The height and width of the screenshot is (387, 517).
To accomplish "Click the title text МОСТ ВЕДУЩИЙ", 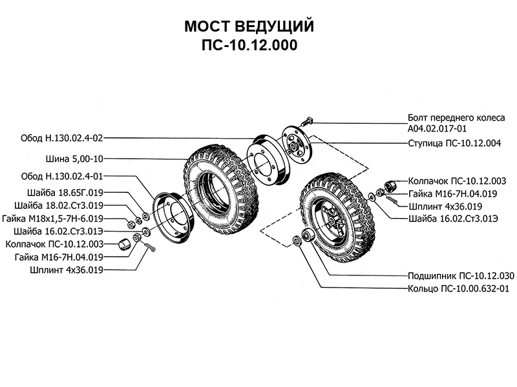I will point(249,27).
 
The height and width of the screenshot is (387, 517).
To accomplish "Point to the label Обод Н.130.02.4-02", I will point(62,138).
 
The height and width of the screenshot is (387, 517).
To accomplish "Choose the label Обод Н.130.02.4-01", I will point(62,175).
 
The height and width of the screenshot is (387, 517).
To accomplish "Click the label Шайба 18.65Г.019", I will point(65,193).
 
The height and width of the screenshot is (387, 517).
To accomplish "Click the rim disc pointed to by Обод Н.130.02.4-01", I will point(169,215).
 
